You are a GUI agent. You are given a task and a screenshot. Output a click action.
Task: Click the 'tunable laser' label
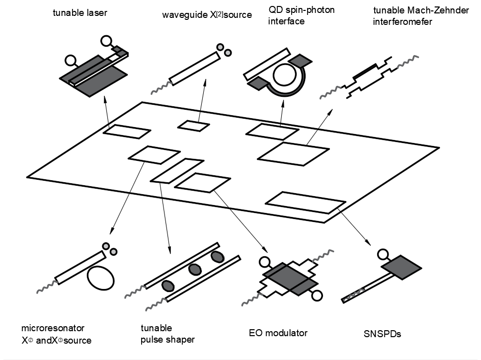click(x=80, y=12)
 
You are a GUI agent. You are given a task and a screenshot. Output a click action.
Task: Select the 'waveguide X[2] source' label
click(x=207, y=15)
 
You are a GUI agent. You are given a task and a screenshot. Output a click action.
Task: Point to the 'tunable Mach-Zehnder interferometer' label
click(x=406, y=16)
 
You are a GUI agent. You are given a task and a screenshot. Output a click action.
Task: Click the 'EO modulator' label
click(x=278, y=333)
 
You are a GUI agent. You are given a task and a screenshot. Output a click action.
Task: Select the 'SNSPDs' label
click(x=382, y=334)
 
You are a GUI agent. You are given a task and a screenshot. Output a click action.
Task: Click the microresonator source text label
click(x=56, y=334)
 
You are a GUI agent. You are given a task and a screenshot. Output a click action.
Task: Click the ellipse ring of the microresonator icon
click(x=101, y=276)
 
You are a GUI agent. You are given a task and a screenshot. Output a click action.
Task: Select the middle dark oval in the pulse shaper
click(x=194, y=270)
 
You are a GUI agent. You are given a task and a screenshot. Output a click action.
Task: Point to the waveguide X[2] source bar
click(x=195, y=68)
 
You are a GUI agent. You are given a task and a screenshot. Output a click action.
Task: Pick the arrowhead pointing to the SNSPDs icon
click(x=369, y=243)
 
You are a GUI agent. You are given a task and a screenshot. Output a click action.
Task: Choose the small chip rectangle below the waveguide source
click(x=194, y=126)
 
